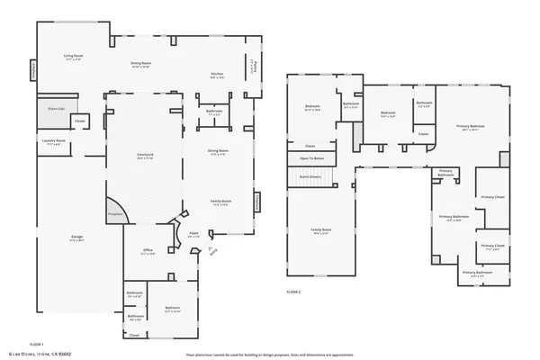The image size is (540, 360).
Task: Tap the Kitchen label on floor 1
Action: click(217, 74)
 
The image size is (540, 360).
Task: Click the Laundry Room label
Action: click(53, 141)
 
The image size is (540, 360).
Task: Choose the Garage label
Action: click(77, 238)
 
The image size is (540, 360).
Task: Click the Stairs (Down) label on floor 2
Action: click(310, 175)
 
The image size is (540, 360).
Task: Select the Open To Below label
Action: click(310, 158)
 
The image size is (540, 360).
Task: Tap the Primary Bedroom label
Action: click(471, 127)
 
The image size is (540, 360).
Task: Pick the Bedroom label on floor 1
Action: click(173, 308)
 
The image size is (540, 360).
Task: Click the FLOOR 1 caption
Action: click(37, 345)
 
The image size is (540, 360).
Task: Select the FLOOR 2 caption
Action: click(293, 292)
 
